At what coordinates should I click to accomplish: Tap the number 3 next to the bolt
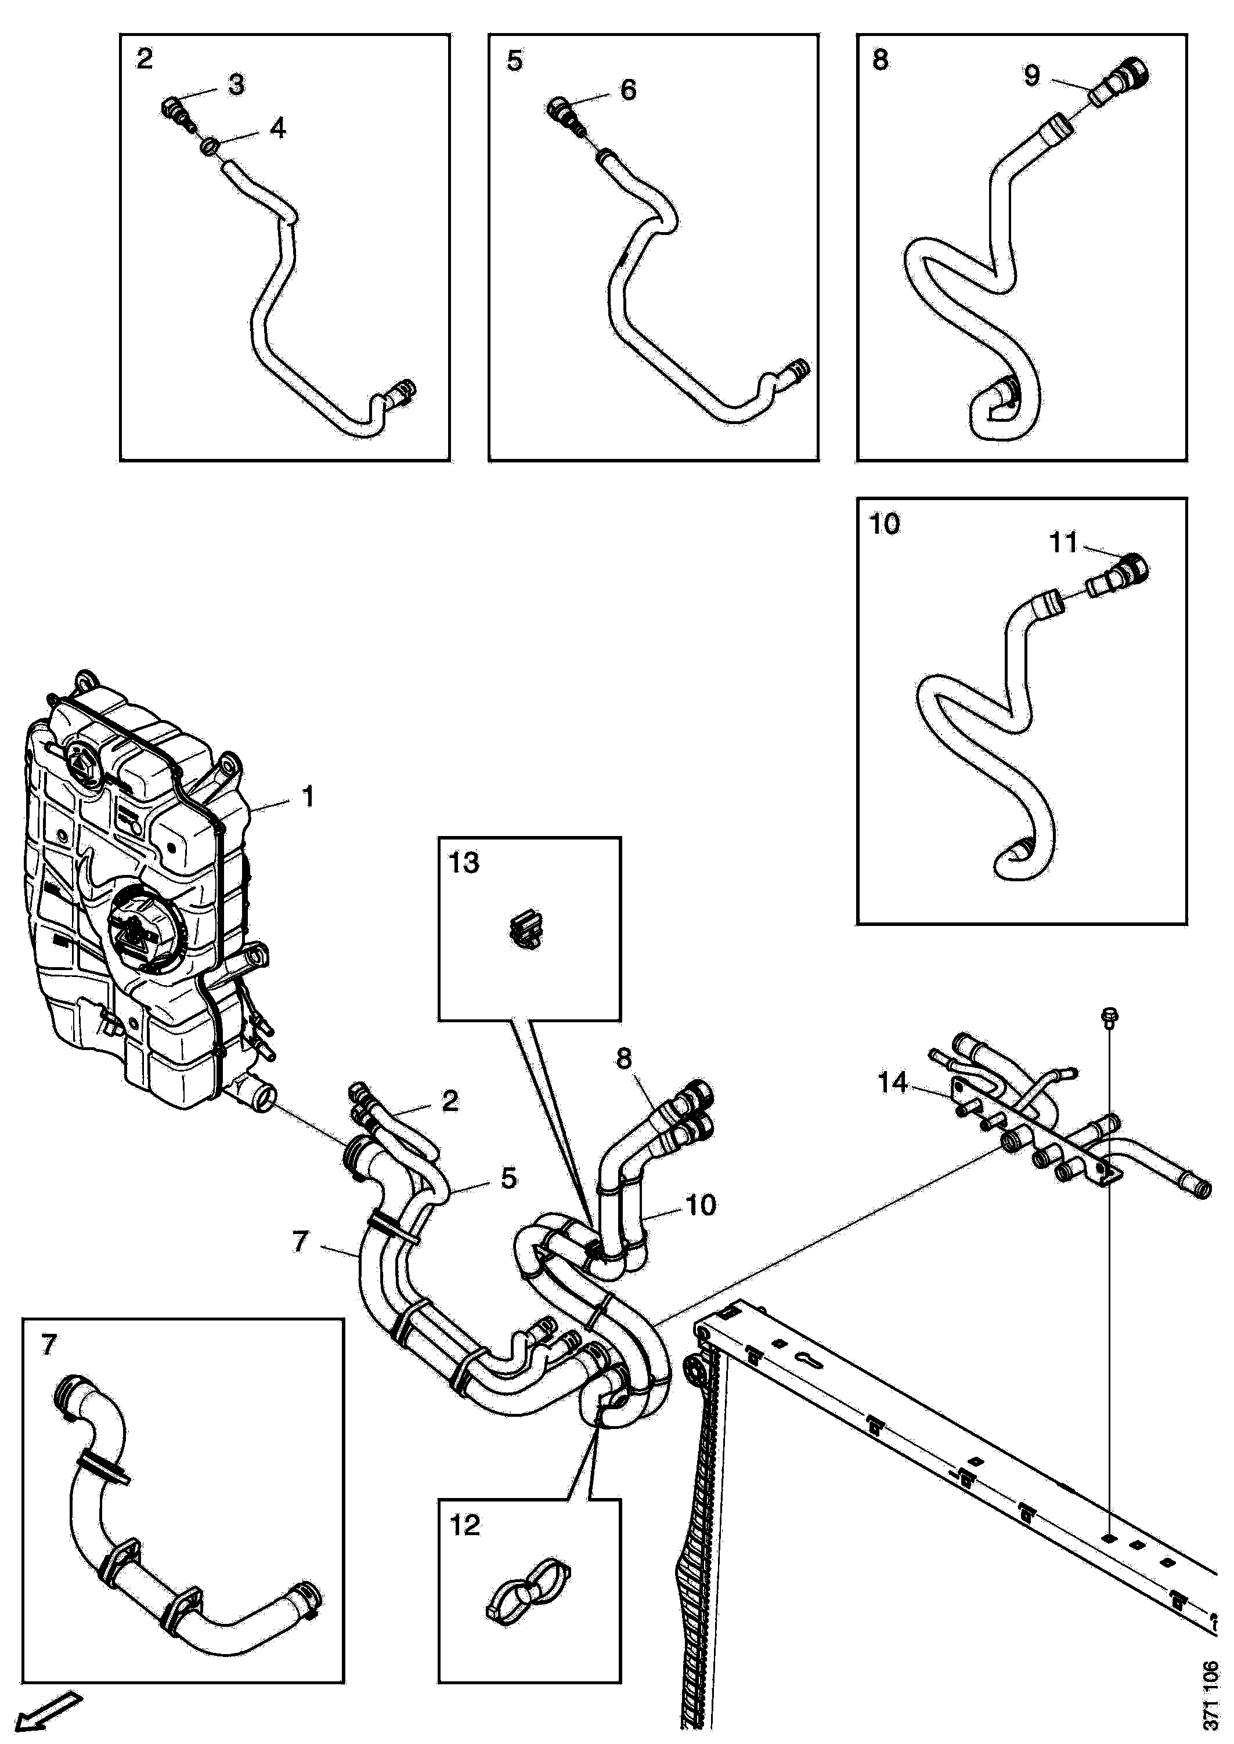[236, 84]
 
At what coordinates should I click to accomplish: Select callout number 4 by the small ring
[278, 128]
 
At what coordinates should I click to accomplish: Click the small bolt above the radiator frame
[1109, 1018]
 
